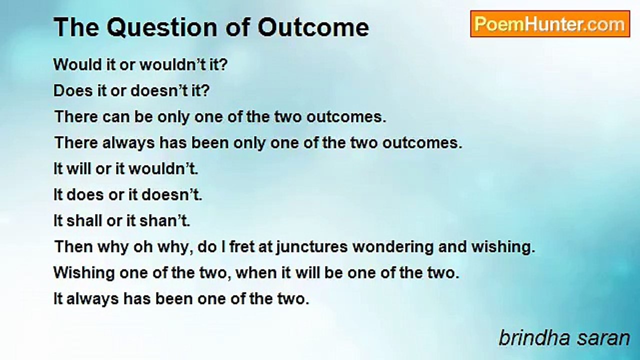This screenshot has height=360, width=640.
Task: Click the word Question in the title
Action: click(161, 27)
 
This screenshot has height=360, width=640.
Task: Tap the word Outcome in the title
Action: click(313, 27)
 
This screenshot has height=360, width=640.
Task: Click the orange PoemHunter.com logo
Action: click(550, 24)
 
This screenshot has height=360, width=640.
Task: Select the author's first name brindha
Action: click(534, 338)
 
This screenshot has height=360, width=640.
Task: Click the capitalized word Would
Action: click(77, 64)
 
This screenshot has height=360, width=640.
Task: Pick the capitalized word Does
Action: click(73, 90)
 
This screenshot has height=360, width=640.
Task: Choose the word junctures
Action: click(312, 247)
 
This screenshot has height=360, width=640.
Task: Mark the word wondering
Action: click(393, 247)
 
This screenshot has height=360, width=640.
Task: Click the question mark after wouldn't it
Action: click(223, 64)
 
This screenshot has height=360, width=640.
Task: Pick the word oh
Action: click(143, 247)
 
